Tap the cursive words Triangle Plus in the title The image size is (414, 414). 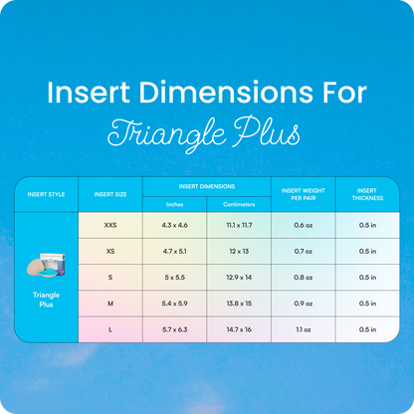point(206,132)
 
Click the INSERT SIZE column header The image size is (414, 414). point(109,194)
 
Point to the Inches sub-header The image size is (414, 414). point(174,204)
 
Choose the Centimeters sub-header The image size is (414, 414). point(239,204)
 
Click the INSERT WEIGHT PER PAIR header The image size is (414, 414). point(303,193)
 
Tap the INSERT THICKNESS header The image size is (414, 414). point(366,193)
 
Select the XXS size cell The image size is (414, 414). point(109,225)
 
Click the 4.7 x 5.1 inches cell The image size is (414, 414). point(174,251)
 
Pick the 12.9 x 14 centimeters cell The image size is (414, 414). point(239,277)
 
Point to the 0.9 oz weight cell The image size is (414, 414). point(303,303)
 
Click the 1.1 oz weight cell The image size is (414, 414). point(303,328)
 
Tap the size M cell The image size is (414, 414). point(109,303)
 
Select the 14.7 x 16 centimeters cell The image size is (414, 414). point(239,328)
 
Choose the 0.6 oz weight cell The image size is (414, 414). point(303,225)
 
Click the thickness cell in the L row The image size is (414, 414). point(366,328)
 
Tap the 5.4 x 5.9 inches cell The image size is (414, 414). point(174,303)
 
